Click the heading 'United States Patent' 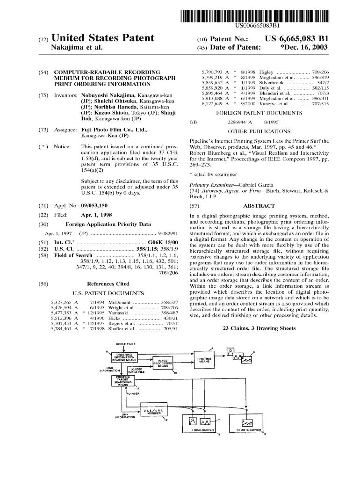pyautogui.click(x=105, y=38)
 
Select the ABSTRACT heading pyautogui.click(x=259, y=205)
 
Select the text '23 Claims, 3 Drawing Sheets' pyautogui.click(x=260, y=328)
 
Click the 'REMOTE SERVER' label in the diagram pyautogui.click(x=248, y=429)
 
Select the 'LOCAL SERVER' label pyautogui.click(x=202, y=429)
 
